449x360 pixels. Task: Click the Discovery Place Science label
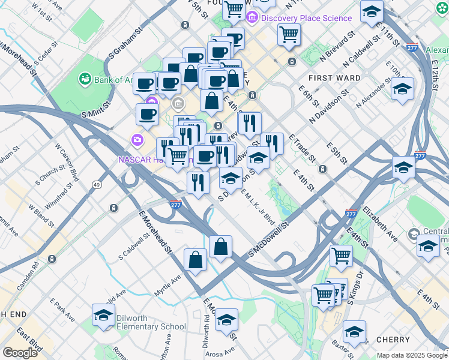306,18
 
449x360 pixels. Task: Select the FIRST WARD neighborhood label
334,78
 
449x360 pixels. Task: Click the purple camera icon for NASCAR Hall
137,140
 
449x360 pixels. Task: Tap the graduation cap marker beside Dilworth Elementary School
103,315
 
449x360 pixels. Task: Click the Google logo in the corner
20,353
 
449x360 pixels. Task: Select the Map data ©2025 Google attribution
412,355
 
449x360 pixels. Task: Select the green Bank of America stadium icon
85,79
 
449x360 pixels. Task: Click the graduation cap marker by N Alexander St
402,89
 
